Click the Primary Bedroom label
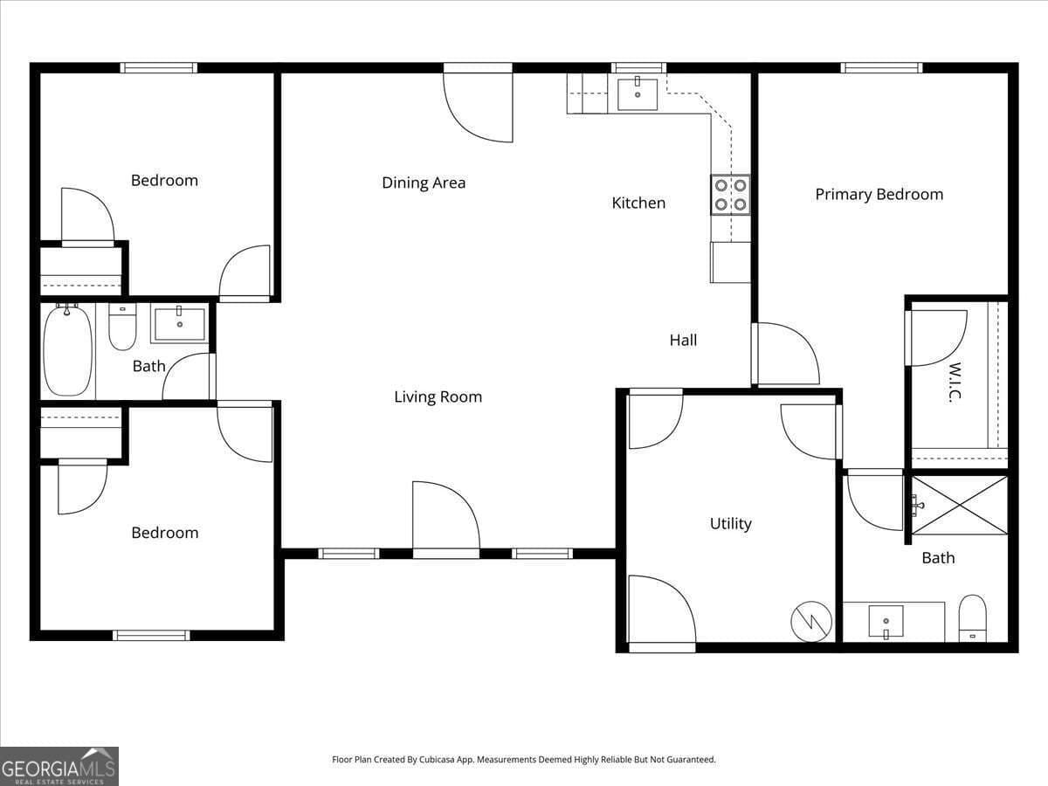click(x=879, y=195)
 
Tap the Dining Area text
click(x=424, y=183)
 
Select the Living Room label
click(x=438, y=397)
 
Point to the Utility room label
click(x=730, y=524)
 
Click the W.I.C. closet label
click(x=955, y=383)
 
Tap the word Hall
click(x=683, y=341)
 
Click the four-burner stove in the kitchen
click(x=730, y=195)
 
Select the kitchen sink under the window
click(x=638, y=93)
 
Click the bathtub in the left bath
click(x=68, y=350)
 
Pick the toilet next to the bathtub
click(x=122, y=327)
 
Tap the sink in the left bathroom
click(x=180, y=322)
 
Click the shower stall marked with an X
click(x=959, y=505)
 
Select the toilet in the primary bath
click(x=972, y=617)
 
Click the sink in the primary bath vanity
click(x=886, y=622)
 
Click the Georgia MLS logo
click(x=59, y=766)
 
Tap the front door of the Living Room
click(x=445, y=520)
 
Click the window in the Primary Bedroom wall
click(x=881, y=68)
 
